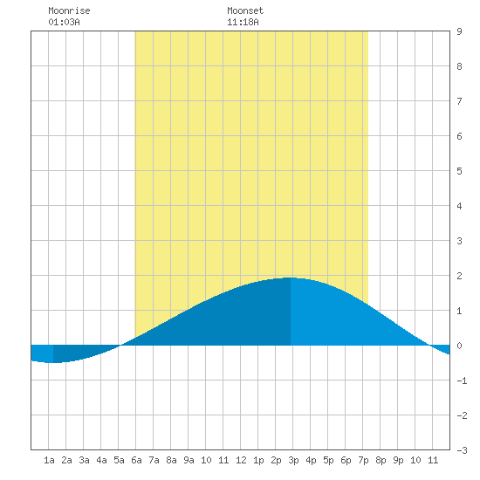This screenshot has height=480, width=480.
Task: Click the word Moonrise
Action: [69, 11]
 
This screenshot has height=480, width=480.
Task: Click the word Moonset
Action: [245, 11]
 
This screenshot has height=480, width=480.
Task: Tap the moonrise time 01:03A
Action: [64, 22]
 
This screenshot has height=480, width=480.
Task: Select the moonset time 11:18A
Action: [243, 22]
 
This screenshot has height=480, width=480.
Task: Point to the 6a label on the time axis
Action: [136, 460]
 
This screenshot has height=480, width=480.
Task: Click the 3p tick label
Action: [293, 460]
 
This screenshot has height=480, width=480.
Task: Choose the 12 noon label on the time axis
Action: [241, 460]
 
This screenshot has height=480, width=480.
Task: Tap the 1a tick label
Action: [49, 460]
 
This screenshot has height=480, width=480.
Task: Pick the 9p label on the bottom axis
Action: [398, 460]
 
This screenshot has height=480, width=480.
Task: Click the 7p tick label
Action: [363, 460]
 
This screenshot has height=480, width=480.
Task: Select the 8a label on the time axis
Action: [171, 460]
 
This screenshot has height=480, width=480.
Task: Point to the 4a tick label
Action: [101, 460]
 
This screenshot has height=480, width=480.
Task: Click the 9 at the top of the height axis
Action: [459, 31]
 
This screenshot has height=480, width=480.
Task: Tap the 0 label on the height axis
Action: [459, 346]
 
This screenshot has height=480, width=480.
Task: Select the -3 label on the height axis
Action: [462, 450]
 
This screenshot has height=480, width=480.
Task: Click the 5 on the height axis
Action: [459, 171]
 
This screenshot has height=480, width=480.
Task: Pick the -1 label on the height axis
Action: [462, 381]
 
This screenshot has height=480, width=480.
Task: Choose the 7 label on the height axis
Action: [459, 101]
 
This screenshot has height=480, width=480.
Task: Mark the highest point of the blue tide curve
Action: [291, 278]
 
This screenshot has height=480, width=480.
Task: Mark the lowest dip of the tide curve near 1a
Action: [53, 363]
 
